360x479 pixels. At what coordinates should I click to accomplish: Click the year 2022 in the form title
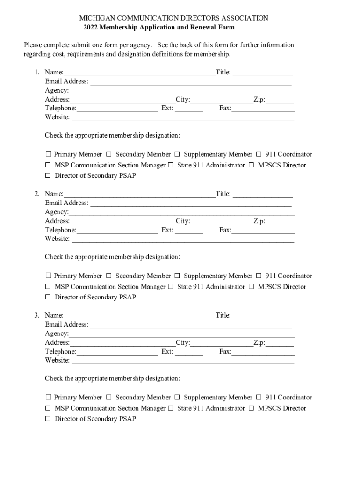click(x=92, y=28)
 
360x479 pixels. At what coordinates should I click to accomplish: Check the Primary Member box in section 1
click(x=48, y=154)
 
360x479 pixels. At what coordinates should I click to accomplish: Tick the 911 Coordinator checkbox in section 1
click(x=259, y=154)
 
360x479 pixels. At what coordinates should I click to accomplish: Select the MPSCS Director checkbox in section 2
click(x=252, y=287)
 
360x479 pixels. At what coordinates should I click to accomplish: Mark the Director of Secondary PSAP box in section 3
click(x=48, y=419)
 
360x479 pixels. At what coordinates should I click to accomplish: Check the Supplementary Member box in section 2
click(x=177, y=276)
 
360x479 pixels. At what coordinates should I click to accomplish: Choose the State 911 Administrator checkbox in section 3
click(x=171, y=408)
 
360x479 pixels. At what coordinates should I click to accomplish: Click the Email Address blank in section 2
click(x=190, y=203)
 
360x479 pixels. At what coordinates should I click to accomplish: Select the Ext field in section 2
click(x=189, y=231)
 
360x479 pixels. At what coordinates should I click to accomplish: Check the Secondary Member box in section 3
click(x=109, y=398)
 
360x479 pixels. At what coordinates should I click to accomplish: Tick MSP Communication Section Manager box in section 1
click(x=48, y=165)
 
